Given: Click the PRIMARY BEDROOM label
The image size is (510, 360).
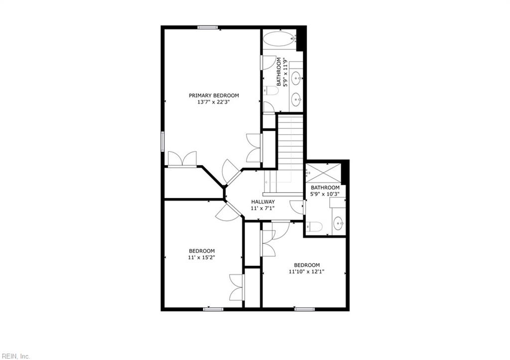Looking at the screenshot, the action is pos(214,96).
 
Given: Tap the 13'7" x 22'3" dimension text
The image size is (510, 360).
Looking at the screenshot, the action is pos(214,102).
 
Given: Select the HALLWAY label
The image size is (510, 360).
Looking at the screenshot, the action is pos(263,202).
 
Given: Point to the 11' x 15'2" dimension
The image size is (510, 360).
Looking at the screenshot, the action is pos(202,257).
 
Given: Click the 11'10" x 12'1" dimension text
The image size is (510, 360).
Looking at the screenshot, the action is pos(307,271).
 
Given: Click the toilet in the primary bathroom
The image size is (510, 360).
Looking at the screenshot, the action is pos(270,91).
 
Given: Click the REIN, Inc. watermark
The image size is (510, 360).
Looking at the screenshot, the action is pos(15,356).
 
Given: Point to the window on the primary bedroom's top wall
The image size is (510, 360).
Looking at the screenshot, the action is pos(207,27).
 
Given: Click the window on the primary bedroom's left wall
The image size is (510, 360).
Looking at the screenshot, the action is pos(163,141).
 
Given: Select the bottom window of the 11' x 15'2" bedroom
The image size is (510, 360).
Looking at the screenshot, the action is pos(213,309).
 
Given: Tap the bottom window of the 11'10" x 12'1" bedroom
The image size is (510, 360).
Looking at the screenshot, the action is pos(304,309).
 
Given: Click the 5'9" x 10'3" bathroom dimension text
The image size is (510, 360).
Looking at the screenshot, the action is pos(325,194).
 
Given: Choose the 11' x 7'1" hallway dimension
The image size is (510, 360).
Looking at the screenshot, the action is pos(263,209).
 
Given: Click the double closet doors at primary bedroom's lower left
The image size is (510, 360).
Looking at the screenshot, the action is pos(182,159).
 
